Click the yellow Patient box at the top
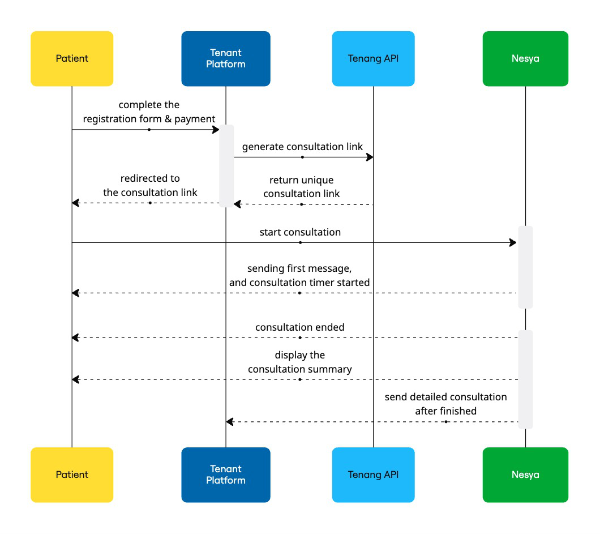(x=72, y=58)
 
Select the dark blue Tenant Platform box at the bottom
(x=226, y=475)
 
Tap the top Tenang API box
(x=373, y=58)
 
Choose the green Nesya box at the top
(x=525, y=58)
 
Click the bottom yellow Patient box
(x=72, y=475)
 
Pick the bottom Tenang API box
(x=373, y=475)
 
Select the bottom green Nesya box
(x=525, y=475)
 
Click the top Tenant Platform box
(x=226, y=58)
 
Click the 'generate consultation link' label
(x=302, y=147)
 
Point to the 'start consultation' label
(x=300, y=232)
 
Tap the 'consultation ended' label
(x=300, y=327)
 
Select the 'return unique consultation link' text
(x=301, y=187)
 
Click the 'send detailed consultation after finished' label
(x=445, y=404)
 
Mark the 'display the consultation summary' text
(x=300, y=362)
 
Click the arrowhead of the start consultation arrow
(x=513, y=243)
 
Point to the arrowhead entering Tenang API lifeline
(x=370, y=157)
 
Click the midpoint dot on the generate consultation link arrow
(x=302, y=157)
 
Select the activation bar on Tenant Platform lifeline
(x=226, y=166)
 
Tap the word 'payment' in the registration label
(x=195, y=119)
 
